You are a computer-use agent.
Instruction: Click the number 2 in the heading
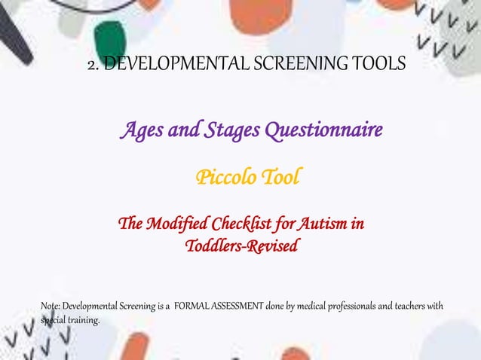coord(92,65)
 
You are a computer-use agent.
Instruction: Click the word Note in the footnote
coord(49,306)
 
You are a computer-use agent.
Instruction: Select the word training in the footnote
coord(81,320)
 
